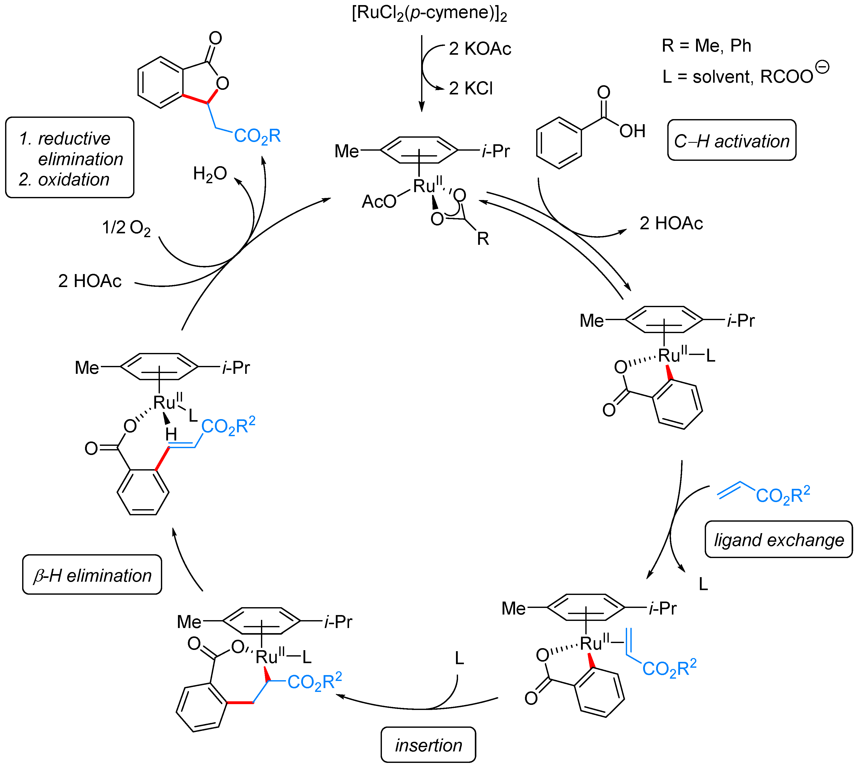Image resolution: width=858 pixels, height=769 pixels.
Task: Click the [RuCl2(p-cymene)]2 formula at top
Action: [429, 13]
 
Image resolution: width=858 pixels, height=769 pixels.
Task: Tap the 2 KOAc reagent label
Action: [480, 49]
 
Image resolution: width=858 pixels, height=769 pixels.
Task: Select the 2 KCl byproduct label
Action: [470, 88]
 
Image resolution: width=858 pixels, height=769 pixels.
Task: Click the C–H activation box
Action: [731, 141]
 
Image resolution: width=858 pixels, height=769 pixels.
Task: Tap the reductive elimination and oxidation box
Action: [70, 158]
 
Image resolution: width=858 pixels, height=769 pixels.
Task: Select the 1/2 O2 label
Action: [126, 228]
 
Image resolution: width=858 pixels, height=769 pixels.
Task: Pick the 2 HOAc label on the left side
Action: [90, 281]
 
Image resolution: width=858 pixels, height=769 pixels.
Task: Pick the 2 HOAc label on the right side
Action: [671, 223]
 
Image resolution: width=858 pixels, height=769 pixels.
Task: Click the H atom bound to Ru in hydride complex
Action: [171, 434]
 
